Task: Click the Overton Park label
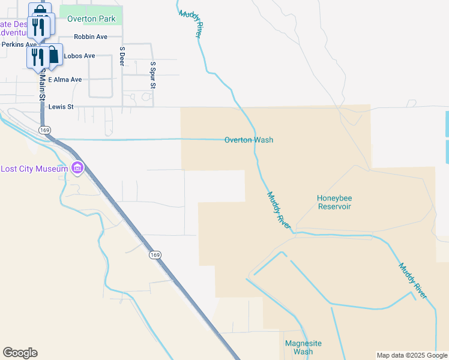click(x=91, y=19)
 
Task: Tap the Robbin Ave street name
click(x=90, y=37)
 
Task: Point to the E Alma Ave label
click(x=65, y=79)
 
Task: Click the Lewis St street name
click(x=61, y=107)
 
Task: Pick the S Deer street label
click(x=122, y=56)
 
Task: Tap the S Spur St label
click(x=153, y=75)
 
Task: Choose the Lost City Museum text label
click(x=34, y=169)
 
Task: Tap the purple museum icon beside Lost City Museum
click(x=77, y=169)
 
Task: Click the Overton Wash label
click(x=249, y=140)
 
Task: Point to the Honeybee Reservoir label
click(x=334, y=202)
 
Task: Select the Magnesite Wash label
click(x=303, y=347)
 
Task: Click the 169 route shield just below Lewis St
click(x=44, y=130)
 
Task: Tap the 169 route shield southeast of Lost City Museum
click(x=155, y=255)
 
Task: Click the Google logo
click(x=20, y=353)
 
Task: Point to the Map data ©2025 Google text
click(x=412, y=355)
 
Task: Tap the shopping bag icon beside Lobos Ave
click(x=53, y=56)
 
